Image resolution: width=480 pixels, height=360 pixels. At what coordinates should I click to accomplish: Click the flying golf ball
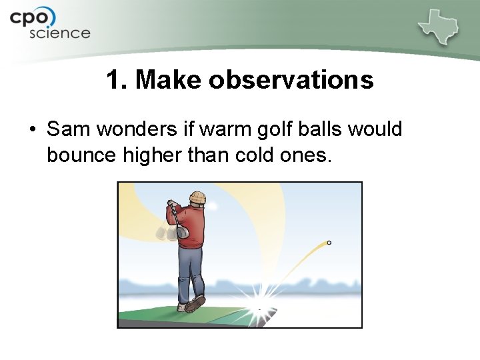(329, 243)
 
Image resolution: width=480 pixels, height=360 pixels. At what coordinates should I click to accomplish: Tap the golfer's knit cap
(197, 197)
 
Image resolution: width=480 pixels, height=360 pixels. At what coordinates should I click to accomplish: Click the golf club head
(181, 232)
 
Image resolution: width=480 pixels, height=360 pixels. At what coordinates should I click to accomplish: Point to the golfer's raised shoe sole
(195, 304)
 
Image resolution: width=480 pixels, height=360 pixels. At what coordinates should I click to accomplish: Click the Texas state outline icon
(439, 27)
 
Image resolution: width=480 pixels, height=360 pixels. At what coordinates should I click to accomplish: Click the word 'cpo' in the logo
(33, 17)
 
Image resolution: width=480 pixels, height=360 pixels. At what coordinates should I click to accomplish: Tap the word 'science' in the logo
(59, 33)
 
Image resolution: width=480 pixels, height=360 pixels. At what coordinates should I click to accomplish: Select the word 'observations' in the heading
(291, 81)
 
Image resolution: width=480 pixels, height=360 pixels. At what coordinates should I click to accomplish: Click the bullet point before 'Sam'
(32, 129)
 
